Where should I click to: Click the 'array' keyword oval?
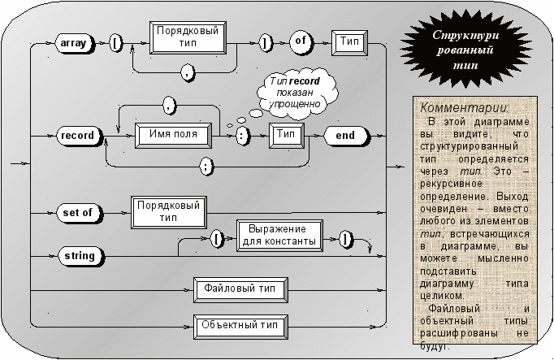(75, 43)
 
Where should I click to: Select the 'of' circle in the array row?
(301, 42)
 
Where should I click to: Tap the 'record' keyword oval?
(79, 136)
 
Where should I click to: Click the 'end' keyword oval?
(346, 136)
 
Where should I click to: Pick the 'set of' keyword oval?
(79, 213)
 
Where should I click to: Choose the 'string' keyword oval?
(81, 256)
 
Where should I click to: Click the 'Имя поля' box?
(174, 136)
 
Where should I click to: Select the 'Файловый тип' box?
(240, 290)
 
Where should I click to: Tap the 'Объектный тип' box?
(240, 327)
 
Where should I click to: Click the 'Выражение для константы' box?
(279, 236)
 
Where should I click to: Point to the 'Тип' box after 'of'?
(349, 43)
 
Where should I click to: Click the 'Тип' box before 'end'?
(287, 136)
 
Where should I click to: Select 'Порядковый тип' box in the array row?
(188, 37)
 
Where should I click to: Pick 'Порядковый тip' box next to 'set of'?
(168, 212)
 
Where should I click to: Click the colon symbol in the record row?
(242, 136)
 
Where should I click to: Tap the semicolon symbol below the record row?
(206, 166)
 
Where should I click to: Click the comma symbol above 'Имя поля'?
(169, 105)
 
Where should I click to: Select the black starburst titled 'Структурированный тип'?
(466, 50)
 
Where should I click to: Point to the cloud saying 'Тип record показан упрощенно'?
(296, 93)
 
